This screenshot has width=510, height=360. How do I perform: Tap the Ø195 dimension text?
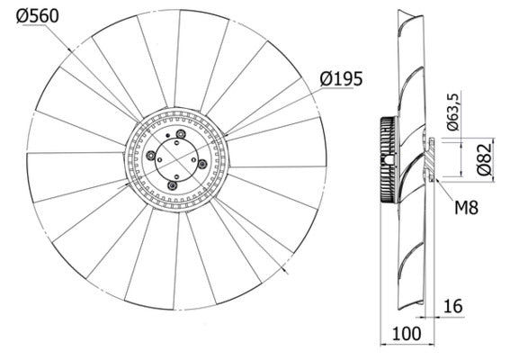coord(341,79)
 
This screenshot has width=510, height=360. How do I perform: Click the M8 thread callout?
coord(465,209)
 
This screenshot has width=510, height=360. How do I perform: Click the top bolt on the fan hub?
coord(182,135)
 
